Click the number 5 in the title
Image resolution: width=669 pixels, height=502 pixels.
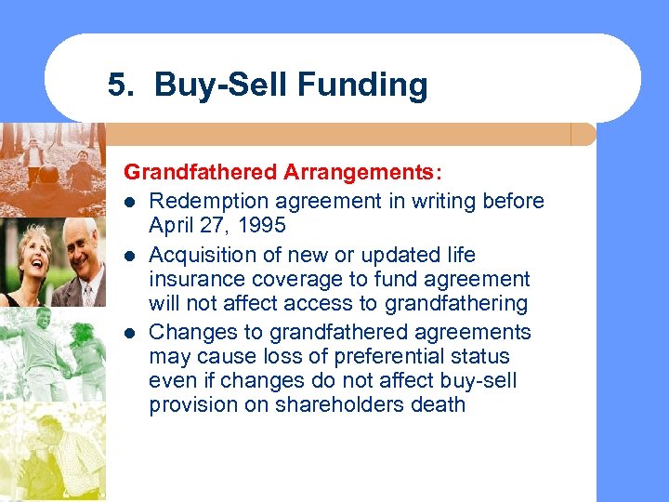tap(115, 86)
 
